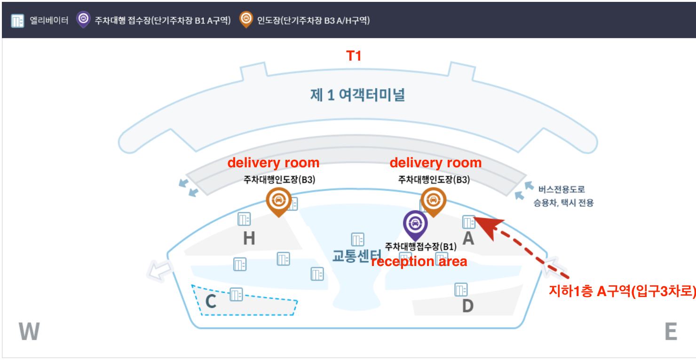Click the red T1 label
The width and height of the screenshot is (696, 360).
(354, 56)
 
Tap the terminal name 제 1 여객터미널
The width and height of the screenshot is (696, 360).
(357, 94)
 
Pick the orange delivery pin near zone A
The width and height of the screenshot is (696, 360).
(433, 201)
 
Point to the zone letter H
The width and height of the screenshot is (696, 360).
(249, 239)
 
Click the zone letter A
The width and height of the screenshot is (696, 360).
(468, 239)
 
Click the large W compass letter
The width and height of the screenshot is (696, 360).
(29, 331)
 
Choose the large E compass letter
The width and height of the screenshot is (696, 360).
(671, 332)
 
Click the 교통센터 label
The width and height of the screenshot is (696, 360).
(356, 256)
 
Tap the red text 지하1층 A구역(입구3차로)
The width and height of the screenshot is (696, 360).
(622, 291)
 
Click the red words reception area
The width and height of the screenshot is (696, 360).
(419, 262)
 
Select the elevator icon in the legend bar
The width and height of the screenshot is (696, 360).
(17, 21)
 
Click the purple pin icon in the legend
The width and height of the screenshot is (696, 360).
(83, 20)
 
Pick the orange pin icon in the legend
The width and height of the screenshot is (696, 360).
(245, 20)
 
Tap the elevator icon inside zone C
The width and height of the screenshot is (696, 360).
(236, 294)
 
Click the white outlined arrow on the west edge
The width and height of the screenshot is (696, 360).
(159, 271)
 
